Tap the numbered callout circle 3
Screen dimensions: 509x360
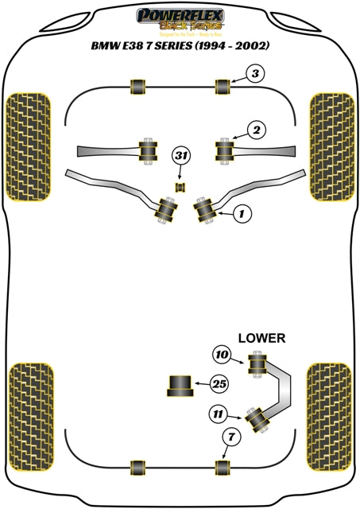pyautogui.click(x=254, y=76)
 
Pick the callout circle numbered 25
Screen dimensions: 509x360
pyautogui.click(x=219, y=384)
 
